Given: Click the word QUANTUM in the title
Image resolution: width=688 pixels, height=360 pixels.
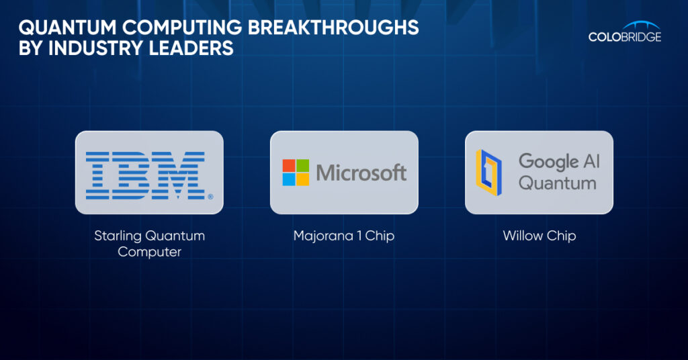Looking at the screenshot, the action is [68, 28].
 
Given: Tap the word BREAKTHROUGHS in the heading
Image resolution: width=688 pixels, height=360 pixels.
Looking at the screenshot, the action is [333, 28].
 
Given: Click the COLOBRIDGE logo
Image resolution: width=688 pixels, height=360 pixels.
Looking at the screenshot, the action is [625, 32].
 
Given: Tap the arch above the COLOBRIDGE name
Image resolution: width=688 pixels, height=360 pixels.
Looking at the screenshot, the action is [641, 25].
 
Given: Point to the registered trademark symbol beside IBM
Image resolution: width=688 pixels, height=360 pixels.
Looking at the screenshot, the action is [210, 197].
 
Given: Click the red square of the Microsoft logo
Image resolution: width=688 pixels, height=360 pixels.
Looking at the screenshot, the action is [289, 165].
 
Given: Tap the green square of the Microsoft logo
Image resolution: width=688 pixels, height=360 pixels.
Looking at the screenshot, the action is [303, 165].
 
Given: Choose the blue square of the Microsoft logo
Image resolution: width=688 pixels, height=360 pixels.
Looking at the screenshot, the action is [289, 179].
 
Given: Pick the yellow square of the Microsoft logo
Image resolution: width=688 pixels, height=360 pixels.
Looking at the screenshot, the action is [303, 179].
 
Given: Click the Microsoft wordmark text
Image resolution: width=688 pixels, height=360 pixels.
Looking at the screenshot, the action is [361, 173].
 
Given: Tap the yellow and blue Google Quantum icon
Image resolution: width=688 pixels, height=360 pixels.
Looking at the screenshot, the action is [489, 173].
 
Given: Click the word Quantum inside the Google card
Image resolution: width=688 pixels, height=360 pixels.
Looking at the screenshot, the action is [557, 183].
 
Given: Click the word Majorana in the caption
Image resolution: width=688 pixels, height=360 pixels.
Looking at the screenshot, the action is [323, 236].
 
